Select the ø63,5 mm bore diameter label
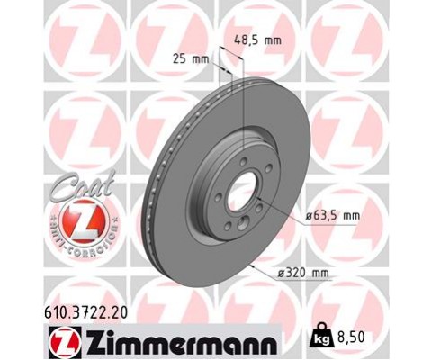point(332,216)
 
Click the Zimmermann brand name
point(171,339)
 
